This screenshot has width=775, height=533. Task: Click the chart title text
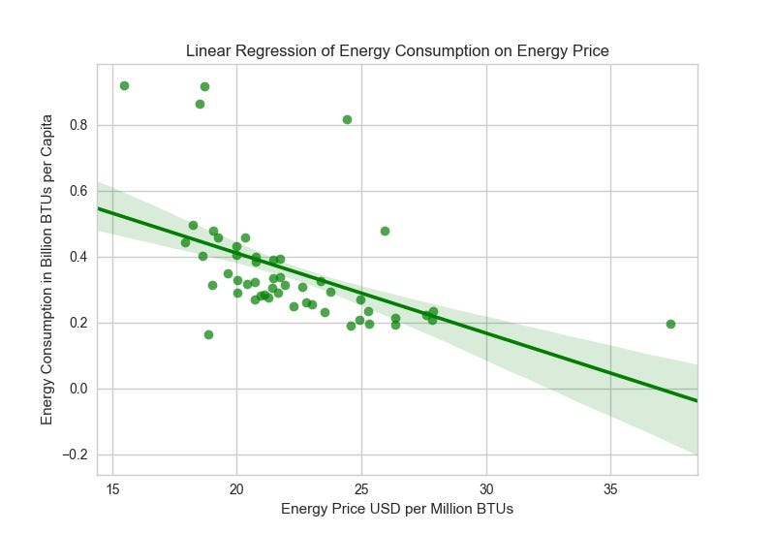point(397,51)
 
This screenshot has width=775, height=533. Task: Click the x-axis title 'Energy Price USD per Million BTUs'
point(397,509)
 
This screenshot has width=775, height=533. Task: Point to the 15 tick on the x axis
point(112,487)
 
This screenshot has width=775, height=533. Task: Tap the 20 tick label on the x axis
point(236,487)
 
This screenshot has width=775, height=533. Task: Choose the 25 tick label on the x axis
point(361,487)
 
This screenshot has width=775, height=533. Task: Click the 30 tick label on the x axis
point(485,487)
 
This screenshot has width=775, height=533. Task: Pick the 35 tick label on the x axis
point(610,487)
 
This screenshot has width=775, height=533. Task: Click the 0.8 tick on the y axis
point(77,125)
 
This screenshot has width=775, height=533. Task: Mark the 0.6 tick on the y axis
point(77,191)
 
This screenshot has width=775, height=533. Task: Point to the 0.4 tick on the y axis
point(77,257)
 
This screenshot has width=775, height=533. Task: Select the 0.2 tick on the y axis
point(77,323)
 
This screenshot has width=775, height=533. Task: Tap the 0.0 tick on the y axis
point(77,389)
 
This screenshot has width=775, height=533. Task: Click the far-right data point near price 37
point(670,324)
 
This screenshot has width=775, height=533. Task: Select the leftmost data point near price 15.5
point(124,85)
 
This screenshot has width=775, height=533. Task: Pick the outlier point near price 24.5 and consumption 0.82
point(347,119)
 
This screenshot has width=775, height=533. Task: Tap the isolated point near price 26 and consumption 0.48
point(385,231)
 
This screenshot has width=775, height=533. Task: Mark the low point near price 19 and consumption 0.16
point(208,334)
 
